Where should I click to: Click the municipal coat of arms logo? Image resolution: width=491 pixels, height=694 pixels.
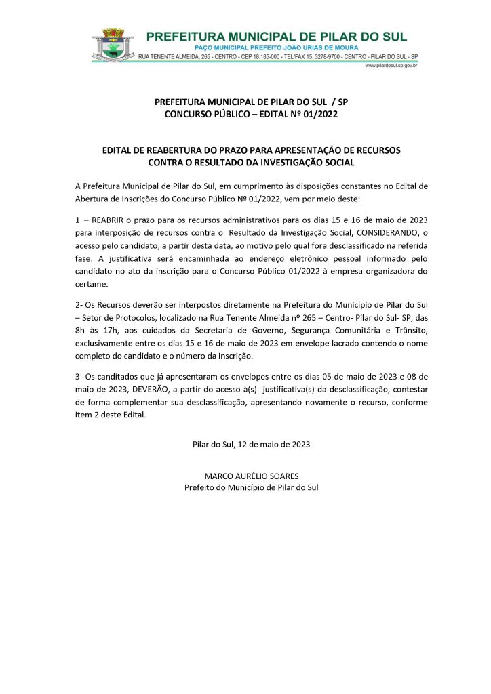tap(113, 45)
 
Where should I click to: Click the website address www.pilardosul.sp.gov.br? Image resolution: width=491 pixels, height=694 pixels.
tap(390, 66)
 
